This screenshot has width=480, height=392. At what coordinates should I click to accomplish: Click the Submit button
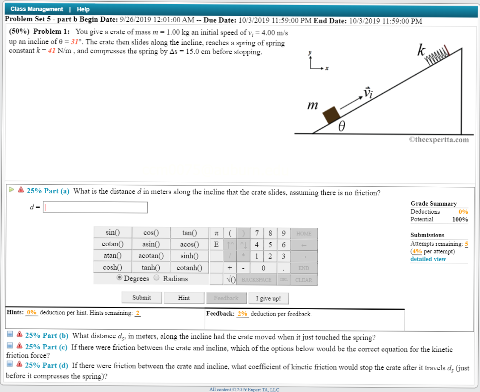pyautogui.click(x=141, y=298)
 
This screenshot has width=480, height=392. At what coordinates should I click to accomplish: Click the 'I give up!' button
pyautogui.click(x=268, y=298)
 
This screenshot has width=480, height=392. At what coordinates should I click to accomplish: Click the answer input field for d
pyautogui.click(x=95, y=207)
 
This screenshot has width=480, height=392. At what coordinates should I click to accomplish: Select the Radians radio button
pyautogui.click(x=156, y=278)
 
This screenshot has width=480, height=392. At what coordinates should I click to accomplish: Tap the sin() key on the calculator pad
pyautogui.click(x=112, y=233)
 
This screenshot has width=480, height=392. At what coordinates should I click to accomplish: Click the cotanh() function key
pyautogui.click(x=189, y=268)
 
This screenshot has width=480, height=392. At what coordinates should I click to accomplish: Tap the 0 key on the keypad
pyautogui.click(x=263, y=268)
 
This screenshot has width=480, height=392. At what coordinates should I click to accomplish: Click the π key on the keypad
pyautogui.click(x=216, y=233)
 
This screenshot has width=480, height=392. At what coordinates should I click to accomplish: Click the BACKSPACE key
pyautogui.click(x=256, y=280)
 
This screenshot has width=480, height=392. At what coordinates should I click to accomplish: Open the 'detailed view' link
pyautogui.click(x=428, y=259)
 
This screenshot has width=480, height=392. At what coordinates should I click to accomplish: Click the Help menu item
pyautogui.click(x=83, y=9)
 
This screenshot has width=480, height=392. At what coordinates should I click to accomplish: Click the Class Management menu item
pyautogui.click(x=37, y=9)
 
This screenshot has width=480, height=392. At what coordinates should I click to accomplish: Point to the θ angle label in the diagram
pyautogui.click(x=342, y=127)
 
